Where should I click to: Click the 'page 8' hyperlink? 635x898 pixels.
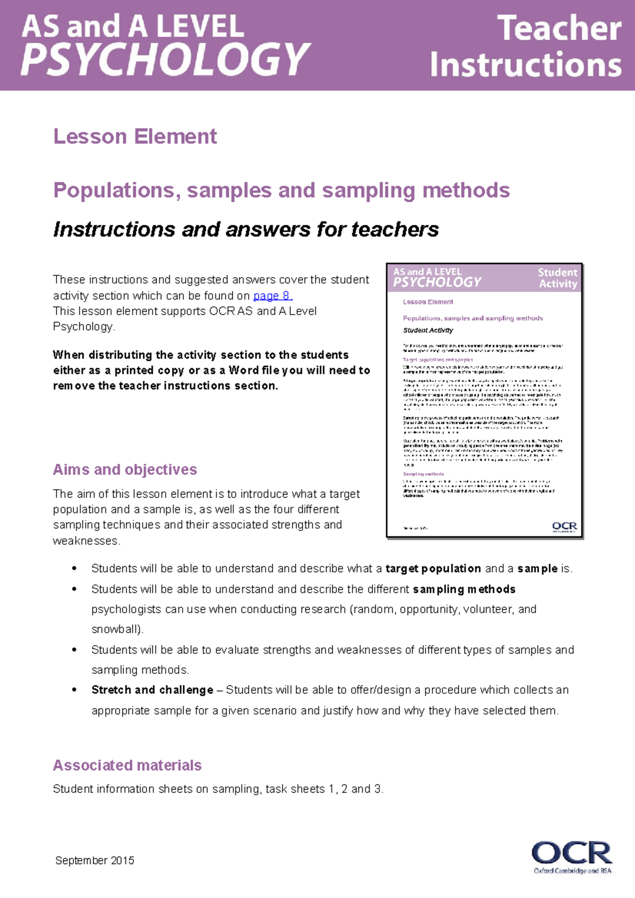point(272,296)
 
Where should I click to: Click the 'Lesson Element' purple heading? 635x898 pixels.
point(135,136)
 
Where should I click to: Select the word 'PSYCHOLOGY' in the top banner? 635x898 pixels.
point(165,59)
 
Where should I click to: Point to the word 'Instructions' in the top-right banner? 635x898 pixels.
point(525,65)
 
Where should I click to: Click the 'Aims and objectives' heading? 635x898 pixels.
point(125,470)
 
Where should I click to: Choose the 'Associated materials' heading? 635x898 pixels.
point(127,765)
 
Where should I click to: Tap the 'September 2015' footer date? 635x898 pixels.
point(95,860)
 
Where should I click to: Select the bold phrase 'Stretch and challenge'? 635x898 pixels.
point(152,690)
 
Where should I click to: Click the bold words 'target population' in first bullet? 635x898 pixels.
point(433,569)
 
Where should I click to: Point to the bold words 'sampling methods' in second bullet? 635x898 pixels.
point(464,589)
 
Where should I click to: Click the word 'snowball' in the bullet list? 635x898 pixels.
point(115,629)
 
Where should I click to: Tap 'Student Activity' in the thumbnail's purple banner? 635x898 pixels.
point(558,278)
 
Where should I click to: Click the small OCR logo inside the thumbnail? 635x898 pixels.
point(564,527)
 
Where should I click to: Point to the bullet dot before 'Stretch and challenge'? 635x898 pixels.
point(75,690)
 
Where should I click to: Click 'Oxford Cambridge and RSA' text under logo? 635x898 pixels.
point(572,870)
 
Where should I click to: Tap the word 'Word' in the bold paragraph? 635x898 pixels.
point(243,370)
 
